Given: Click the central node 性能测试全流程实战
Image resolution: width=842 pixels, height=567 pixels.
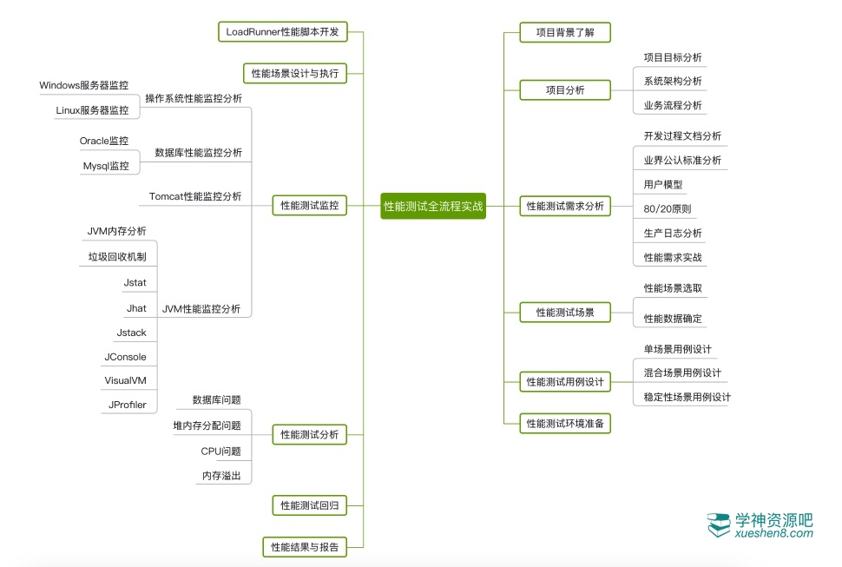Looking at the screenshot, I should click(433, 207).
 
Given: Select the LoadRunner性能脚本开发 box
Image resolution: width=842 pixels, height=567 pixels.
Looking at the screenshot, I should click(282, 32).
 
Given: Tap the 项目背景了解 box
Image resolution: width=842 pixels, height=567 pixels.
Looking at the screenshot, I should click(565, 32).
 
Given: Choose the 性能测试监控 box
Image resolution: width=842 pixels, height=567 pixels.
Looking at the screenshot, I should click(309, 206).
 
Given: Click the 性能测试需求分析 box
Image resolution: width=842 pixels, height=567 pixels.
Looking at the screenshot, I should click(565, 207).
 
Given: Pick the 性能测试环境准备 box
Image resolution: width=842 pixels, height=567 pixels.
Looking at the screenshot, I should click(565, 424).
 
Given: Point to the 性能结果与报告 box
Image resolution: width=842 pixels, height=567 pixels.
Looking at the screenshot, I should click(304, 547).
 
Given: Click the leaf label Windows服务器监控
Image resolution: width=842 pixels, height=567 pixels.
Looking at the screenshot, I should click(84, 86).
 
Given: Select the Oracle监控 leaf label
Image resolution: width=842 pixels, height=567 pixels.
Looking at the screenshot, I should click(104, 141).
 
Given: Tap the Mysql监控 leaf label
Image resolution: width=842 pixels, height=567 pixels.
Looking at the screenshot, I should click(106, 166).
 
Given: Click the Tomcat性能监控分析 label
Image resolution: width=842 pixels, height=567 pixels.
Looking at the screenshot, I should click(195, 196).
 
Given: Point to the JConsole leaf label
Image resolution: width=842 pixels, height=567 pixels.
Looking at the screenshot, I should click(125, 357).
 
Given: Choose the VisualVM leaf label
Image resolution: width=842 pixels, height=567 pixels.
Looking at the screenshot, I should click(125, 380).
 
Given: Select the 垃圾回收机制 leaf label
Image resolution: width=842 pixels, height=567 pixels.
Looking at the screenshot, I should click(117, 257).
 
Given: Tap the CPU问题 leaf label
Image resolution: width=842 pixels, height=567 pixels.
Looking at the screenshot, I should click(220, 451).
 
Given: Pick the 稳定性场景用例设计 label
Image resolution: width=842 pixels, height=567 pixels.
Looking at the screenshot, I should click(687, 397).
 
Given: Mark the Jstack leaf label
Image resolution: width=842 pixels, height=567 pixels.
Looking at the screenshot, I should click(131, 333).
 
